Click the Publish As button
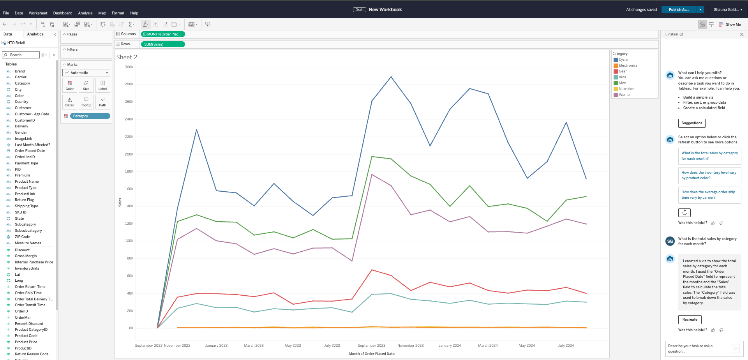point(679,10)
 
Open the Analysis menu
point(85,13)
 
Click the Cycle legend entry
point(623,60)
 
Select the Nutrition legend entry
point(626,89)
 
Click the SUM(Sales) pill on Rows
point(162,44)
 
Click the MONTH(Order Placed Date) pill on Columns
point(162,34)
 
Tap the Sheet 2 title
point(127,57)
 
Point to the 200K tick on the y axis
point(129,154)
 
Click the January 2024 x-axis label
point(450,346)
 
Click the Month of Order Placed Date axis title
point(371,354)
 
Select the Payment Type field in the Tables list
point(26,163)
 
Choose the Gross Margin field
point(26,256)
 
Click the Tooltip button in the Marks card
point(86,102)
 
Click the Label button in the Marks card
point(102,85)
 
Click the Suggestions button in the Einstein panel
point(692,123)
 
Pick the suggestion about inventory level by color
point(709,175)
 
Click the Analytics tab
point(35,34)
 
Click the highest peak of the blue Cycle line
point(391,77)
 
